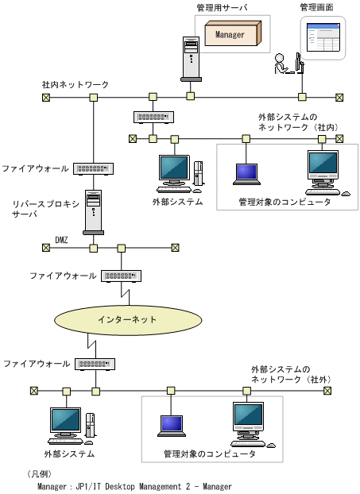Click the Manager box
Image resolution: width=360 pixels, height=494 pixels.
click(231, 34)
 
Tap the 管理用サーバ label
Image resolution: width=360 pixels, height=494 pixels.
click(222, 7)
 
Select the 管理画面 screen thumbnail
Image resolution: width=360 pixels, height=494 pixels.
click(322, 38)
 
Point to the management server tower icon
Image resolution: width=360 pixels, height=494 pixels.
click(191, 59)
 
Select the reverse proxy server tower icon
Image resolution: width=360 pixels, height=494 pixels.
click(95, 210)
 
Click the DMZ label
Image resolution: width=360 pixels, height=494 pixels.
click(62, 238)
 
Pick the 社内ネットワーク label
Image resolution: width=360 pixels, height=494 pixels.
click(75, 84)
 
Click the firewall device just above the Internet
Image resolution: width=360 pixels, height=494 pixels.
click(120, 276)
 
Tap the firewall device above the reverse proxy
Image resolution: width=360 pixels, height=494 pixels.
click(95, 168)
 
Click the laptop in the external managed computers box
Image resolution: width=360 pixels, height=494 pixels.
click(171, 425)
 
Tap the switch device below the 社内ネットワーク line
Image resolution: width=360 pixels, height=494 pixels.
click(153, 117)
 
